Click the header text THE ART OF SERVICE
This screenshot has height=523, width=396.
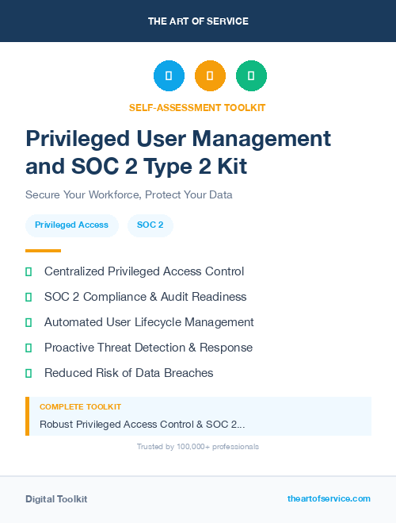tap(198, 21)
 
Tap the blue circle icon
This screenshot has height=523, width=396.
tap(169, 76)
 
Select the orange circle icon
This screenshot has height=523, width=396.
tap(210, 76)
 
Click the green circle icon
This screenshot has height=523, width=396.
tap(251, 76)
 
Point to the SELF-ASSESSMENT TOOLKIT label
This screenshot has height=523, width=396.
tap(198, 107)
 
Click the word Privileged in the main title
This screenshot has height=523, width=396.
tap(73, 139)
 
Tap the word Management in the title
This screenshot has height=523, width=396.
tap(265, 139)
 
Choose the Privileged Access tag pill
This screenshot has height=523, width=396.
tap(72, 225)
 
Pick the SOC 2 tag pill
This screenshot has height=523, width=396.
tap(150, 225)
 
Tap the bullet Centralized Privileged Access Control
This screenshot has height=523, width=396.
tap(144, 271)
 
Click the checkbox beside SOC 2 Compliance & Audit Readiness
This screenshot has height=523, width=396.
tap(29, 297)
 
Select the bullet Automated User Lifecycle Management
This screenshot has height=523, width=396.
tap(149, 322)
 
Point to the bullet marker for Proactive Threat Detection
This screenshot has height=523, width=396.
tap(29, 348)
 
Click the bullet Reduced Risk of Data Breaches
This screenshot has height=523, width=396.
tap(128, 373)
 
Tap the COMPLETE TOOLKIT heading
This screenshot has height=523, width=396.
tap(80, 407)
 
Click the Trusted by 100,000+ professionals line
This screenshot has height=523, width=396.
tap(198, 447)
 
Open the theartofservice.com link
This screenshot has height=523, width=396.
tap(329, 498)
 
